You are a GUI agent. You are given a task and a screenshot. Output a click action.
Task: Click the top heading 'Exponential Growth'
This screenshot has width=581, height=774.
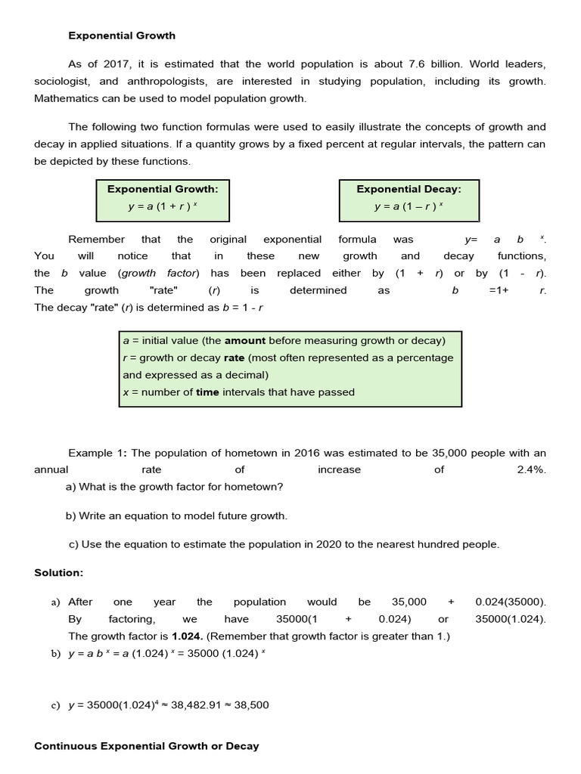122,36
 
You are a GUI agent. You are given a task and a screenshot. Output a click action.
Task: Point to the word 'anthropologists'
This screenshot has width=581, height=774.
179,82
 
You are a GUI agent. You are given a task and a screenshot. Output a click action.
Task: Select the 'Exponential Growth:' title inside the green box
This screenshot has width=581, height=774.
162,189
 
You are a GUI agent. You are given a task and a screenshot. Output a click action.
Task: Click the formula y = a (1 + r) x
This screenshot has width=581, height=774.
162,206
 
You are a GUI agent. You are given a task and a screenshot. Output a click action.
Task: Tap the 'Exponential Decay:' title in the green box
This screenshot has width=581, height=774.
409,189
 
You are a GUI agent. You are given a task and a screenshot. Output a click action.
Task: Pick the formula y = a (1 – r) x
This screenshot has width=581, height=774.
409,206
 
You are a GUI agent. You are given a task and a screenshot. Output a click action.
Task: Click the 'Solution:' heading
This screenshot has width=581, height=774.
59,573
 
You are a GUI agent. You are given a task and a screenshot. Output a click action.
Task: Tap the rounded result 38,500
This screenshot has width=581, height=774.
251,705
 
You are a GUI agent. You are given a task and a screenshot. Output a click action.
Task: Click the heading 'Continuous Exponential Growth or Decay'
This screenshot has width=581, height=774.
147,746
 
